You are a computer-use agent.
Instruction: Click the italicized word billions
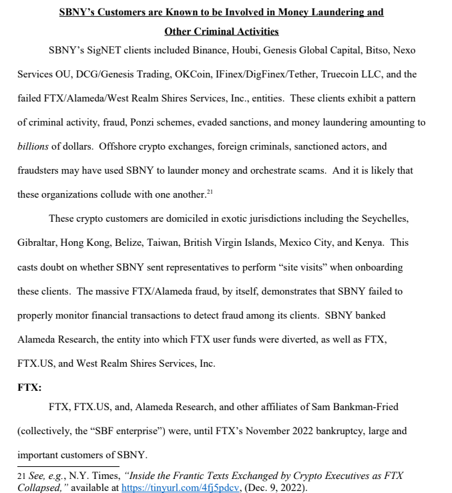tap(33, 146)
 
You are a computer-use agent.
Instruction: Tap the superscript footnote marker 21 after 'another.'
tap(210, 193)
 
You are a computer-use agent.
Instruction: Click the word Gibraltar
tap(37, 242)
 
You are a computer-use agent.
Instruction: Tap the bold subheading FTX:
tap(29, 387)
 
